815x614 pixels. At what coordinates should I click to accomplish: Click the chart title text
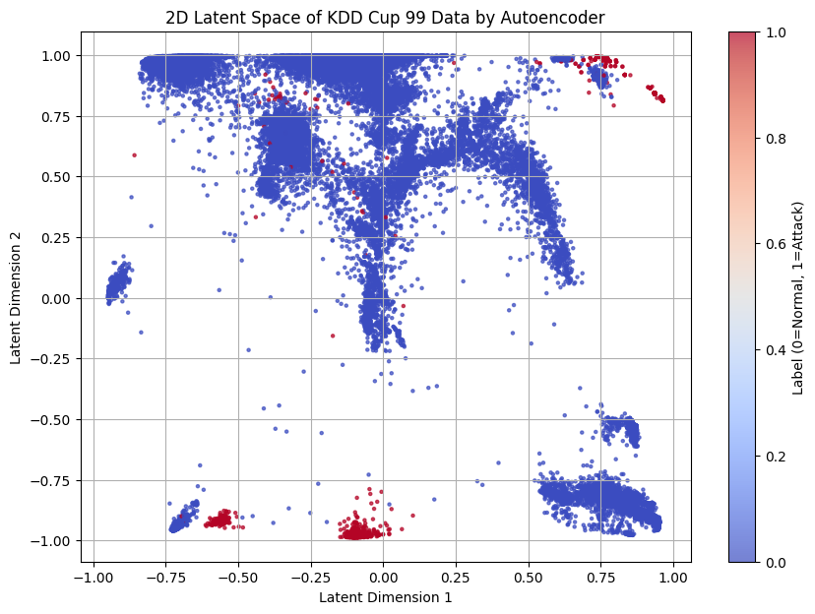[385, 17]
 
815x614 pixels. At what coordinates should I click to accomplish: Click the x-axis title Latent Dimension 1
[385, 596]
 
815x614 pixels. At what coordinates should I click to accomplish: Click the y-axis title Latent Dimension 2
[17, 298]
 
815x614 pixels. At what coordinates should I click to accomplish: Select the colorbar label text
[798, 298]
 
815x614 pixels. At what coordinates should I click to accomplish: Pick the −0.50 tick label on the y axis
[53, 420]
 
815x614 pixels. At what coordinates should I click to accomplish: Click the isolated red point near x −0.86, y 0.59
[134, 155]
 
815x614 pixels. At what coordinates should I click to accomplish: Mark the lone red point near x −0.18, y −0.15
[333, 336]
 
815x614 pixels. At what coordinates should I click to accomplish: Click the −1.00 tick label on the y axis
[53, 541]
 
